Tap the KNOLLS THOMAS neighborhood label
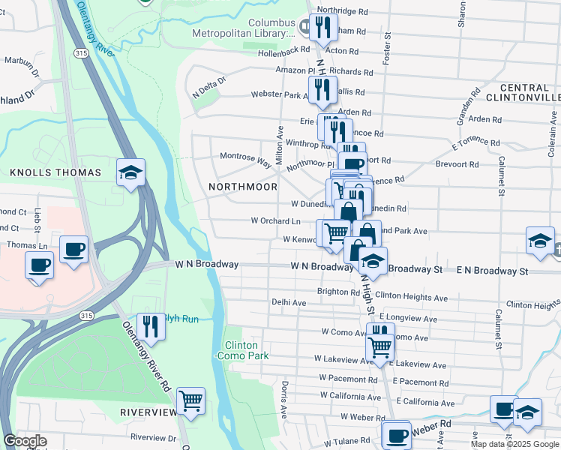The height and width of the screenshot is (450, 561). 55,172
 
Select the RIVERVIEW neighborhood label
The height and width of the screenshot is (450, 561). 147,412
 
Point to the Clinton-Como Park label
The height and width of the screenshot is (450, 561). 247,350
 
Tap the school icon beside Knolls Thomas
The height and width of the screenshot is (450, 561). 130,173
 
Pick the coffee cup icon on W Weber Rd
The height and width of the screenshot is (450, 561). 397,434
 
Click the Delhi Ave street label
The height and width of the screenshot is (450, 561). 289,302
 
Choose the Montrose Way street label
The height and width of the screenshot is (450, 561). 244,156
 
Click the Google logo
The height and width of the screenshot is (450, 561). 25,441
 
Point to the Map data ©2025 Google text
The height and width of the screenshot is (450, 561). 519,444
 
